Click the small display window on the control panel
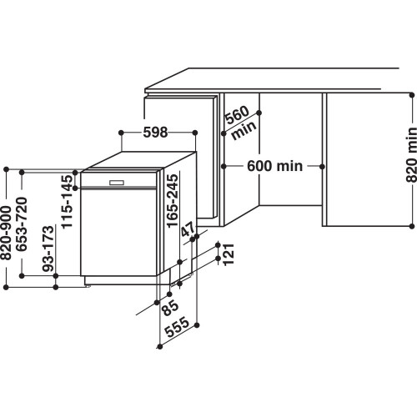pos(115,182)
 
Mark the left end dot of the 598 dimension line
pos(121,132)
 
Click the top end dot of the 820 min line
pos(411,95)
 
